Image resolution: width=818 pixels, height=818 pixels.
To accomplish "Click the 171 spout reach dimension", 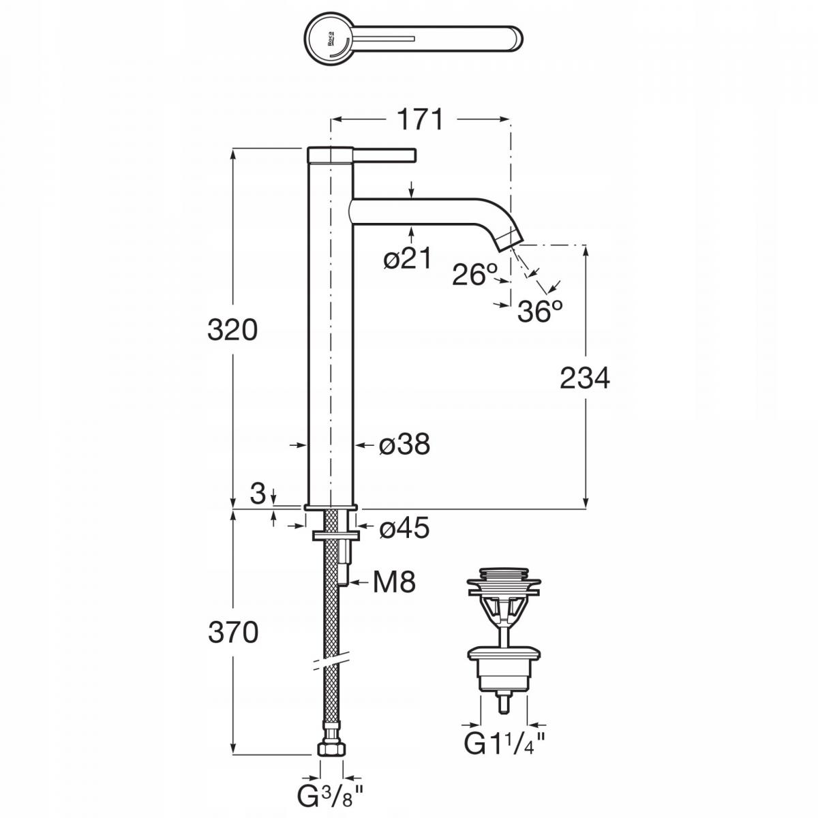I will (420, 120).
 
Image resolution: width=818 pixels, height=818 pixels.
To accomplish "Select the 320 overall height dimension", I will (232, 331).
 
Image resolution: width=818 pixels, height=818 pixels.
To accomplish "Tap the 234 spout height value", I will (584, 378).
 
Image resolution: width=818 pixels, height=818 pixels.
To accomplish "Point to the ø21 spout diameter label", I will (407, 260).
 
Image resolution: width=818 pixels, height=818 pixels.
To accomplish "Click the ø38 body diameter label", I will (404, 445).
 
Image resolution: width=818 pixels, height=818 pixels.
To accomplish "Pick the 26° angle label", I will (475, 275).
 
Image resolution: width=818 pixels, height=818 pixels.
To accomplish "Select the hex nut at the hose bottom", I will (331, 750).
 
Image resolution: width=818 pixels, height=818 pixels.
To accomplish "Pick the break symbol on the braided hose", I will (331, 663).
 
